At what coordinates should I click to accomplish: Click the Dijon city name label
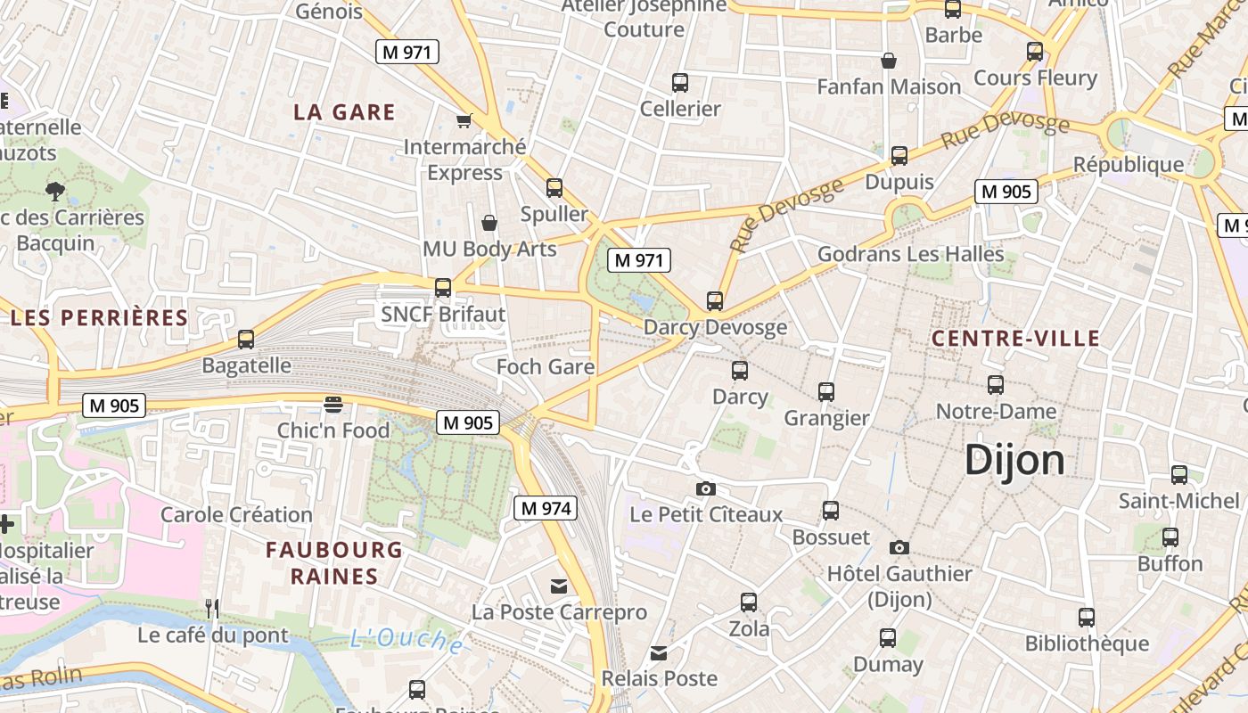(1014, 461)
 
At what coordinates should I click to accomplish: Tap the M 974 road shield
(546, 508)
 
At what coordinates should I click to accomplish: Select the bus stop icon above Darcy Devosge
(714, 301)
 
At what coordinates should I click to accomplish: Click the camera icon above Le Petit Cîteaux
(705, 488)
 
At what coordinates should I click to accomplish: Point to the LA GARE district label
(344, 112)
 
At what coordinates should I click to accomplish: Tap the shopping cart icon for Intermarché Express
(464, 120)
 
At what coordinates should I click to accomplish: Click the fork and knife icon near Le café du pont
(212, 609)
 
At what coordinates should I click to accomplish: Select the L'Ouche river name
(406, 640)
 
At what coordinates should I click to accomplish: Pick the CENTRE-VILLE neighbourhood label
(1015, 339)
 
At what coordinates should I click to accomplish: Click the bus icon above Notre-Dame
(996, 385)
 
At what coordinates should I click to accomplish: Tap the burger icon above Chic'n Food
(333, 405)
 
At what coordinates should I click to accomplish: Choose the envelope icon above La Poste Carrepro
(559, 586)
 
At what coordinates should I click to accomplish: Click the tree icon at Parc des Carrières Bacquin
(55, 190)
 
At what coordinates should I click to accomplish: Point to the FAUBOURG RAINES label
(334, 562)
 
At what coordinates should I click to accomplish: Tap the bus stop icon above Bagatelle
(246, 340)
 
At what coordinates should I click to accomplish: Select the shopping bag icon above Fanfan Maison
(888, 61)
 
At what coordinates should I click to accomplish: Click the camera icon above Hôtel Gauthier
(899, 547)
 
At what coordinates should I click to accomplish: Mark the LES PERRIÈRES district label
(99, 317)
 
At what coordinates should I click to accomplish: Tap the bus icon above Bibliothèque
(1086, 617)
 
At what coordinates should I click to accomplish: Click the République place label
(1128, 165)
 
